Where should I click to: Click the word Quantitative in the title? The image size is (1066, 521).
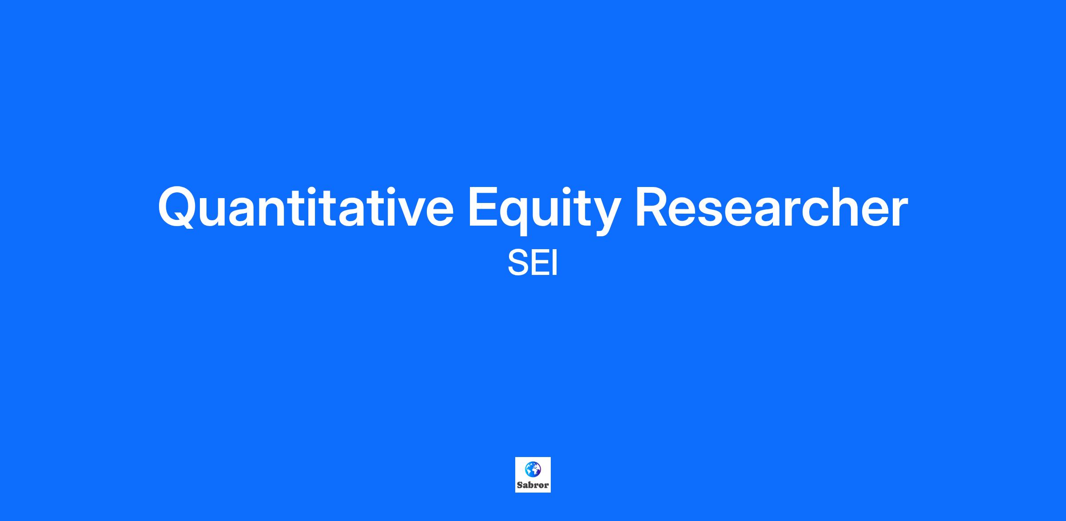tap(306, 207)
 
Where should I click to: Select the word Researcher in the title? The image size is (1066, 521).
tap(772, 207)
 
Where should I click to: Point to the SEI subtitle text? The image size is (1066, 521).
tap(533, 263)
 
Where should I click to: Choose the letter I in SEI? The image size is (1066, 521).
tap(555, 263)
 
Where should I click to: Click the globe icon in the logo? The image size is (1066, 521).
tap(533, 469)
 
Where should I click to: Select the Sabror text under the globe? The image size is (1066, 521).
tap(533, 485)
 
